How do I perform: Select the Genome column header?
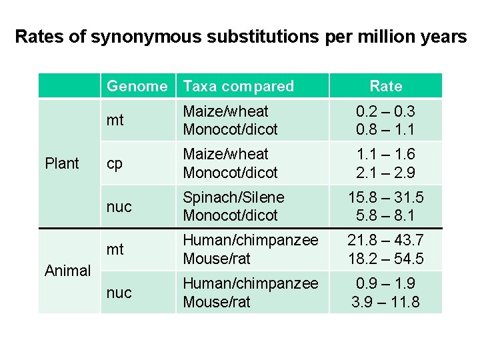137,86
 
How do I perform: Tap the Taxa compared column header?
238,86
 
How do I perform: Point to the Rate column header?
386,86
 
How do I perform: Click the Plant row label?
61,163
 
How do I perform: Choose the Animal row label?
67,271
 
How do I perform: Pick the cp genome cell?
115,164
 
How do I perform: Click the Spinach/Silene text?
233,197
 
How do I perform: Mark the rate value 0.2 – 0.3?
386,111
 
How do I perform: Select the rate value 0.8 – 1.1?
386,129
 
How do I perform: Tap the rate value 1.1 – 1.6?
386,155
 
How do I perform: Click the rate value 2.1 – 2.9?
386,173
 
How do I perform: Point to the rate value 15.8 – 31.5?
386,197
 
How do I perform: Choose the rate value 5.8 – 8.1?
386,215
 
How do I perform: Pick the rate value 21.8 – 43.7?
386,240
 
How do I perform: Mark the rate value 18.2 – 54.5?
386,259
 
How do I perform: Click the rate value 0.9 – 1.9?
386,283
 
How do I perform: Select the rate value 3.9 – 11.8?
386,301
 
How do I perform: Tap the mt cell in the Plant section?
115,121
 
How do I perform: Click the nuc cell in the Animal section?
119,293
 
